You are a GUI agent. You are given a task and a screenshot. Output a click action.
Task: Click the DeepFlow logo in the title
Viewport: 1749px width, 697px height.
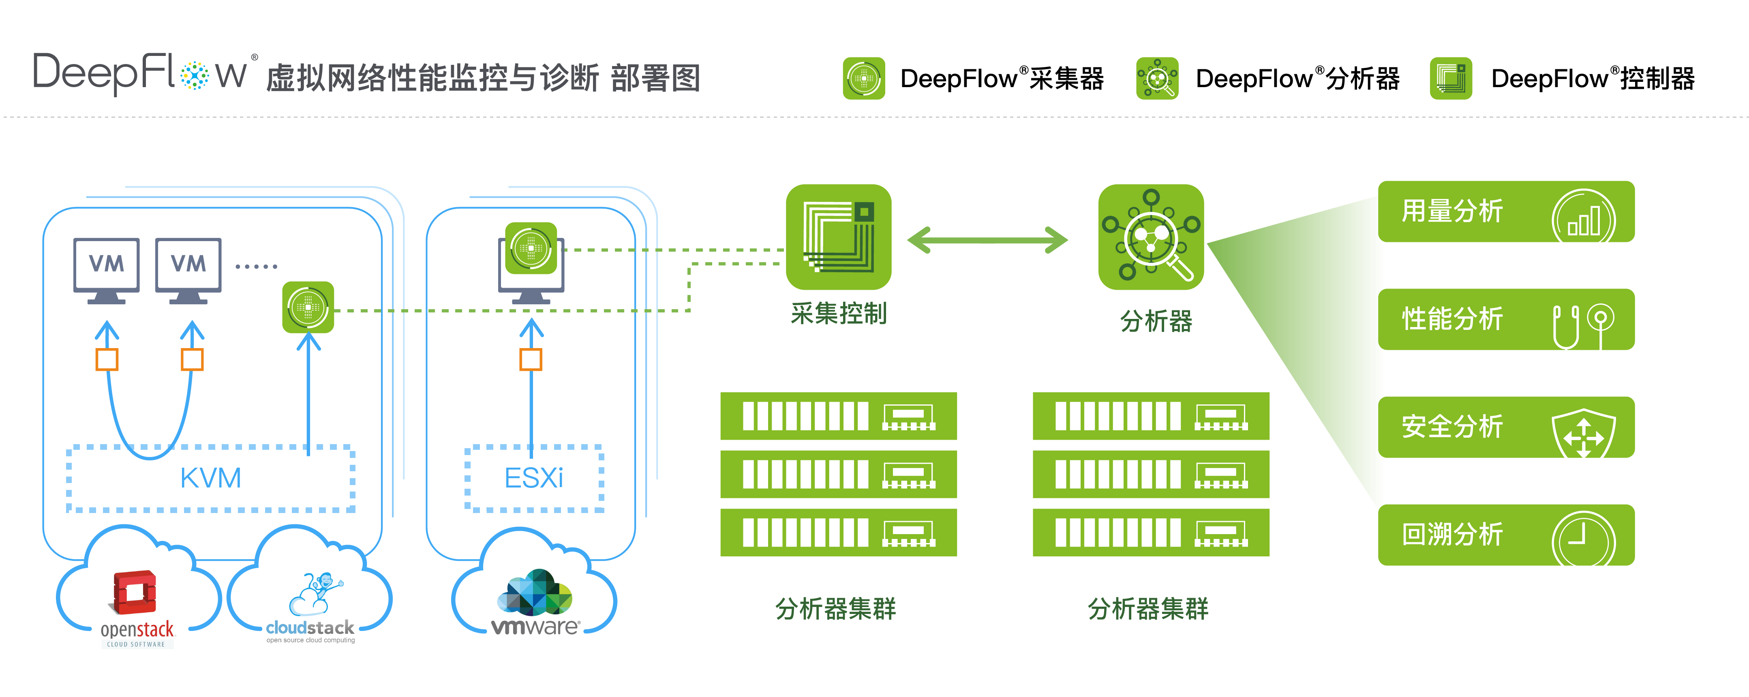click(139, 73)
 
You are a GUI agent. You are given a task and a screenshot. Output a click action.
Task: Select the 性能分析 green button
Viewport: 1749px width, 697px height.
click(1505, 319)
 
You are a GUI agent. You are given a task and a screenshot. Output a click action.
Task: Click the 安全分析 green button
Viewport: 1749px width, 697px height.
click(1505, 427)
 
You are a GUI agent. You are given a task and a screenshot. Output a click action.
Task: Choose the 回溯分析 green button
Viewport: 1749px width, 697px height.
click(1505, 535)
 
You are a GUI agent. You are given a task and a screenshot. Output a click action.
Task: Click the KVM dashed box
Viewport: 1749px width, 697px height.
click(210, 479)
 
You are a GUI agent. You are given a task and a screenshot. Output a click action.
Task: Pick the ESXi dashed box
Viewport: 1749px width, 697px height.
click(534, 479)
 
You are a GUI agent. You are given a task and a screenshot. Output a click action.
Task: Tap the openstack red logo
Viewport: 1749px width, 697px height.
click(135, 592)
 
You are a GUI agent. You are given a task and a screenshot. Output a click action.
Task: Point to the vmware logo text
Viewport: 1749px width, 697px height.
click(535, 626)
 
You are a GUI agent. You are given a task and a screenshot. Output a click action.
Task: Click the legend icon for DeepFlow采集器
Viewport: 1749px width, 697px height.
click(864, 79)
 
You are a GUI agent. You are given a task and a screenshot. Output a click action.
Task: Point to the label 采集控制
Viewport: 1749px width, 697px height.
click(839, 314)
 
